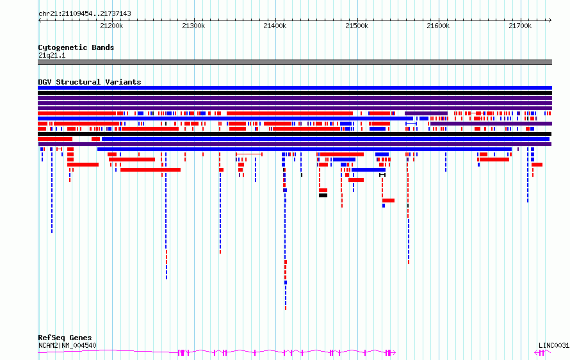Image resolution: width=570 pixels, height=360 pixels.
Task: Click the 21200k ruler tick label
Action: click(111, 26)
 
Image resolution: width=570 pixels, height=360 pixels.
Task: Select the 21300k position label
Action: click(193, 26)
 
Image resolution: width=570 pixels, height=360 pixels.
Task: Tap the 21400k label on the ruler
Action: click(275, 26)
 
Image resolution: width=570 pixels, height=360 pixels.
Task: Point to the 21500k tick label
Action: click(357, 26)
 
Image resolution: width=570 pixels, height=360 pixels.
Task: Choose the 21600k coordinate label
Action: click(438, 26)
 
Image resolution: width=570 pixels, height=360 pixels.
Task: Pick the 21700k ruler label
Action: click(520, 26)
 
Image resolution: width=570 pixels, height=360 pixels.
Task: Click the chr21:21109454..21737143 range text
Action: click(85, 14)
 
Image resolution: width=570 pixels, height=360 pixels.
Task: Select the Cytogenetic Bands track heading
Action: click(76, 47)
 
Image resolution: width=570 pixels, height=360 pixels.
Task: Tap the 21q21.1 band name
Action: click(52, 55)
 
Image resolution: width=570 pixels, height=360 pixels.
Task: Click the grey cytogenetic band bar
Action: click(295, 62)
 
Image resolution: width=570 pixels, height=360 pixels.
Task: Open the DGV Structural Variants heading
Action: click(90, 82)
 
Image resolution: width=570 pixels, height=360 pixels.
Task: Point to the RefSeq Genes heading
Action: click(65, 338)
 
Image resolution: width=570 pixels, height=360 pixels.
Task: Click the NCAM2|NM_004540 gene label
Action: click(67, 345)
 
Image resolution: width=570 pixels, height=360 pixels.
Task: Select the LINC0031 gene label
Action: click(554, 345)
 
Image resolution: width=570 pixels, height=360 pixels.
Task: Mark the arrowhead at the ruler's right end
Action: click(550, 20)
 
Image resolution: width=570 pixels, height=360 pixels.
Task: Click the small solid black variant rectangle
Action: click(323, 195)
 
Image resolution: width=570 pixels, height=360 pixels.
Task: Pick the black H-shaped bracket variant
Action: click(382, 175)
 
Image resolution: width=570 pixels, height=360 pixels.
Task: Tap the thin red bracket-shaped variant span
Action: click(249, 154)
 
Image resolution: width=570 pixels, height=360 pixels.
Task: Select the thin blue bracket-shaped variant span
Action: click(411, 124)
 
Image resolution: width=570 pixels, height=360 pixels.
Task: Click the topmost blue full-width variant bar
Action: click(295, 88)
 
